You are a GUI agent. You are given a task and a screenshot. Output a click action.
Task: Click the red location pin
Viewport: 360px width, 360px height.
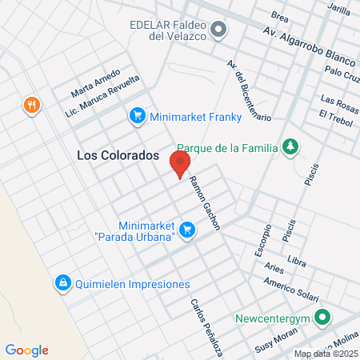[x=180, y=163]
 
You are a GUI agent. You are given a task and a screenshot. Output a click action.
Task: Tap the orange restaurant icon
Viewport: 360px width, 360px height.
[x=31, y=105]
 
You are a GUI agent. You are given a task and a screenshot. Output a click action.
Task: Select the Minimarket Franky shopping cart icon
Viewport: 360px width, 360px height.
[x=137, y=116]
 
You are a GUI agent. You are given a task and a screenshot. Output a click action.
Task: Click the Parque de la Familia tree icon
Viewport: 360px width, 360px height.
[x=291, y=147]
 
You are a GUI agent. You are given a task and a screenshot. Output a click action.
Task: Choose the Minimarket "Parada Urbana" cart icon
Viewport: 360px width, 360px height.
[x=187, y=230]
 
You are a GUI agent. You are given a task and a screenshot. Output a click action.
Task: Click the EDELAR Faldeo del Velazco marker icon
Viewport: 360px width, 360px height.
[x=219, y=30]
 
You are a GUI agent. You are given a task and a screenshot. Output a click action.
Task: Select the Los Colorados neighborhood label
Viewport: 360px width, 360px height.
[x=118, y=156]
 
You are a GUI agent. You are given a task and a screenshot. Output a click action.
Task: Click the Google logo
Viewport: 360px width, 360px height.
[x=27, y=350]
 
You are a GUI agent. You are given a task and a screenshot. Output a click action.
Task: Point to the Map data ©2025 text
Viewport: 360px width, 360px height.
[x=326, y=354]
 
